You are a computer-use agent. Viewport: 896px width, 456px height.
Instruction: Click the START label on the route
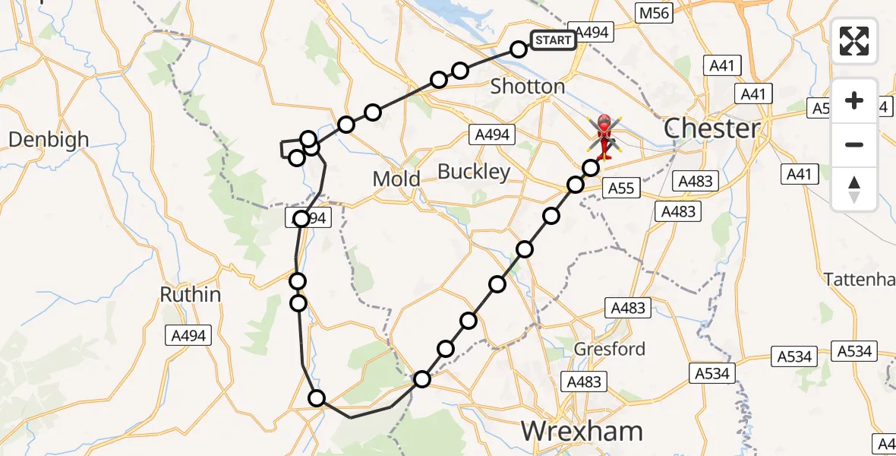coord(552,40)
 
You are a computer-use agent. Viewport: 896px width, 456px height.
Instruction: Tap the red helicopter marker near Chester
coord(604,135)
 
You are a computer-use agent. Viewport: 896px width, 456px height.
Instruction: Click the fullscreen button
coord(854,40)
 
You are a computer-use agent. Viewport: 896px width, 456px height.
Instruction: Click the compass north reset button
coord(854,189)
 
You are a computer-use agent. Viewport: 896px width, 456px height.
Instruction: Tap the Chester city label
coord(711,128)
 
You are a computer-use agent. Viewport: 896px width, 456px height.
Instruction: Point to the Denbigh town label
coord(49,140)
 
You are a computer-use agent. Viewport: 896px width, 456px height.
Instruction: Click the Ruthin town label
coord(191,295)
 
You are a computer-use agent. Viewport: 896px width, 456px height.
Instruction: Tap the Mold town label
coord(396,179)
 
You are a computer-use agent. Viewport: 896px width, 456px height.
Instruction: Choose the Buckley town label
coord(474,173)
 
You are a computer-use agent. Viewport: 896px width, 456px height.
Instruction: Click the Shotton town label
coord(528,87)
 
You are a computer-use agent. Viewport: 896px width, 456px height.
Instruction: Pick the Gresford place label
coord(610,349)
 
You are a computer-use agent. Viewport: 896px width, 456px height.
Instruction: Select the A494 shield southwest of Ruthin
coord(188,335)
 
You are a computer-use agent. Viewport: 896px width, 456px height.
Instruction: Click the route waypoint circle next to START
coord(518,49)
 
